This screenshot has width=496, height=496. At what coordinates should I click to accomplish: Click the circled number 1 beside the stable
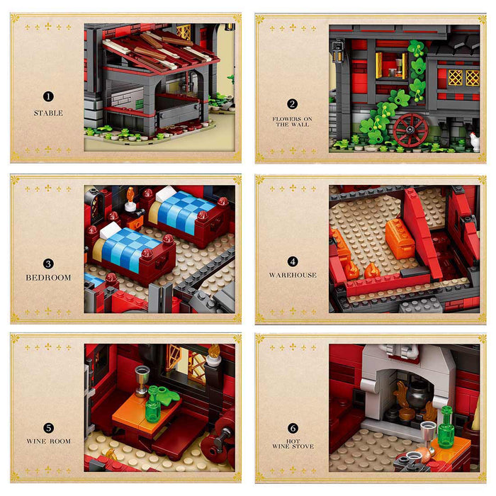pyautogui.click(x=48, y=96)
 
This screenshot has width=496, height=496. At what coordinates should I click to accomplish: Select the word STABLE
pyautogui.click(x=48, y=113)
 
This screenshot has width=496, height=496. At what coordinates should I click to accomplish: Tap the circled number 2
pyautogui.click(x=292, y=103)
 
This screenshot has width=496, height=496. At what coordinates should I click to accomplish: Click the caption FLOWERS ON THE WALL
pyautogui.click(x=292, y=121)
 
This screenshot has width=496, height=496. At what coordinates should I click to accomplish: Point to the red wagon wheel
pyautogui.click(x=411, y=130)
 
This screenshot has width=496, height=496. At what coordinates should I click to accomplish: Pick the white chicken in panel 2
pyautogui.click(x=474, y=142)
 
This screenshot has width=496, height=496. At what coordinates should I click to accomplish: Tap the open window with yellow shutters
pyautogui.click(x=392, y=65)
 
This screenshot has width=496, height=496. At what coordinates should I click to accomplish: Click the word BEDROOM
pyautogui.click(x=48, y=277)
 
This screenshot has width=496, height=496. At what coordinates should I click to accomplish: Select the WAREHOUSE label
pyautogui.click(x=292, y=275)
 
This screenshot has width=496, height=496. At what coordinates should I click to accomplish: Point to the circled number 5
pyautogui.click(x=48, y=427)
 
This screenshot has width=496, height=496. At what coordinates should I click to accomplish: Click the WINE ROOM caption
pyautogui.click(x=48, y=441)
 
